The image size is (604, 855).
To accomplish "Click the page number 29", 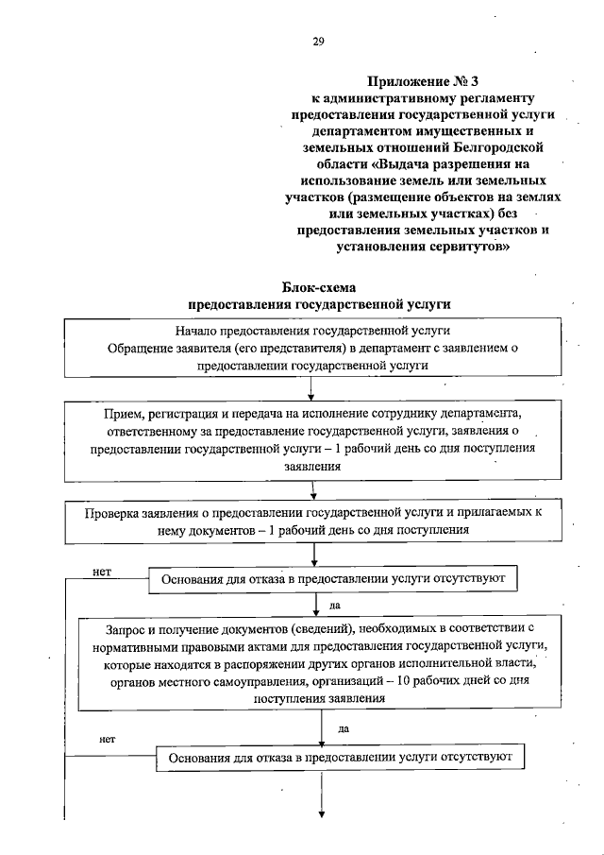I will click(318, 41).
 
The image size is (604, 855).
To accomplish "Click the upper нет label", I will click(103, 572).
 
